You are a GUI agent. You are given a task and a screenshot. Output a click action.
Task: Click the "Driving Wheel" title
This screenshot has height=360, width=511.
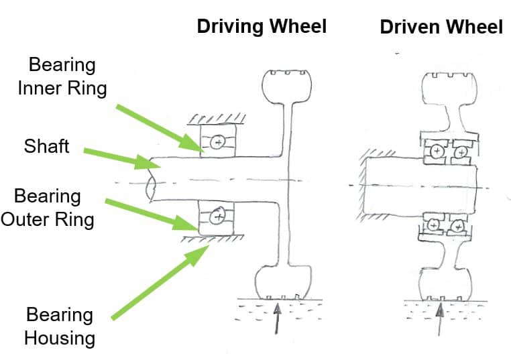[261, 27]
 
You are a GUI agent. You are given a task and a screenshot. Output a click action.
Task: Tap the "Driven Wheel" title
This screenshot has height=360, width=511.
[441, 27]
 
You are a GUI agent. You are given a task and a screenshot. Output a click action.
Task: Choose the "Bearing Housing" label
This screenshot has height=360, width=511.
[59, 326]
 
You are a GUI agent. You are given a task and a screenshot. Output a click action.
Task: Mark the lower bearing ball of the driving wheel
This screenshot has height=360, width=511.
[217, 216]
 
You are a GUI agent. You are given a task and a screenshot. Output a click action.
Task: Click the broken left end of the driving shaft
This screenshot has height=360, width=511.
[151, 182]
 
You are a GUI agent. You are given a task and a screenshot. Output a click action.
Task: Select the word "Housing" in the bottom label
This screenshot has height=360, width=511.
[59, 337]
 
